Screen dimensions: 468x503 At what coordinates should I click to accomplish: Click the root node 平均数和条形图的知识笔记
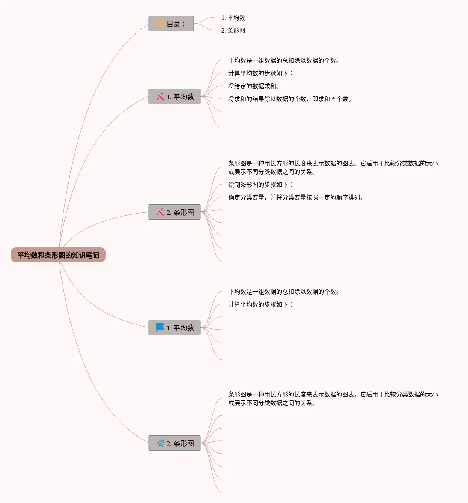tap(58, 255)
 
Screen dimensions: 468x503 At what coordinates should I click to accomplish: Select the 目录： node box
tap(171, 24)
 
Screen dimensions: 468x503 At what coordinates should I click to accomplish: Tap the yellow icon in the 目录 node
tap(160, 24)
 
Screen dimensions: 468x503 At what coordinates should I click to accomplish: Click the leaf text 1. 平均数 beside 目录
tap(233, 18)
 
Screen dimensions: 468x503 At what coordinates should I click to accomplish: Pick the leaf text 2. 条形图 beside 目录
tap(233, 30)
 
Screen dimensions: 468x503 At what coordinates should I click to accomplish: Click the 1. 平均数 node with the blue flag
tap(174, 328)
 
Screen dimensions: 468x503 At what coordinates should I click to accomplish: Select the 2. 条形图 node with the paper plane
tap(174, 443)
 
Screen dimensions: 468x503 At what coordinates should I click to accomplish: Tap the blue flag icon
tap(160, 327)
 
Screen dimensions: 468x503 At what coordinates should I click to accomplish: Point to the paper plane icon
tap(160, 443)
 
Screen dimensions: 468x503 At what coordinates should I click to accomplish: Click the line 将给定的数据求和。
tap(254, 86)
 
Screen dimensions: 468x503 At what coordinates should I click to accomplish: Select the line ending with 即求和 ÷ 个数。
tap(290, 99)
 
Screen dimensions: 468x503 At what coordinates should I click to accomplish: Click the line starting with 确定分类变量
tap(296, 197)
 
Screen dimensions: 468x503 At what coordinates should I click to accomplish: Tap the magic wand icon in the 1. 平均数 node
tap(160, 97)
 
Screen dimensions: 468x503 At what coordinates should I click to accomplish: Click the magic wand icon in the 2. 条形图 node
tap(160, 212)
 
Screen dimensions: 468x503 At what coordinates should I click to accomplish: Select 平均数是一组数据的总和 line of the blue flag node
tap(284, 292)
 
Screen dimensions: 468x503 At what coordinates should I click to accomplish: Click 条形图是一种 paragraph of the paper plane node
tap(333, 399)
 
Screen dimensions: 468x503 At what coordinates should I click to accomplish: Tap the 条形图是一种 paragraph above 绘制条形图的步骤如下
tap(333, 167)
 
